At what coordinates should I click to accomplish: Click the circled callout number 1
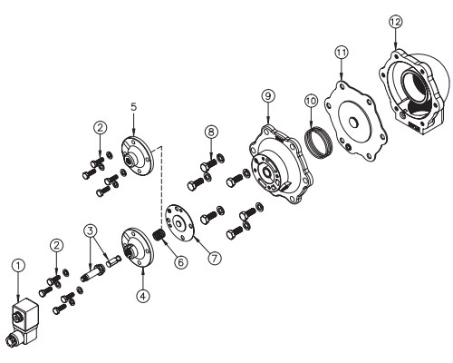(18, 266)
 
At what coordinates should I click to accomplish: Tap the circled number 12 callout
(396, 22)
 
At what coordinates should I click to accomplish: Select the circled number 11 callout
(342, 53)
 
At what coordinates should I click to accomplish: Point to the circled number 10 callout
(311, 101)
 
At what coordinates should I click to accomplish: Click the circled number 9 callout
(268, 96)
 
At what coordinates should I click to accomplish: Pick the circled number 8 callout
(211, 132)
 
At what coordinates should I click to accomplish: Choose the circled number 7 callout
(214, 259)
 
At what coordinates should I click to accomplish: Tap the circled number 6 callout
(180, 262)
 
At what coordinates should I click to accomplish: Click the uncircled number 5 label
(134, 106)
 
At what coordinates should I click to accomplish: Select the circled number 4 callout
(143, 296)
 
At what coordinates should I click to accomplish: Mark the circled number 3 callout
(91, 231)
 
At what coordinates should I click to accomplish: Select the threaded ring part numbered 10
(319, 143)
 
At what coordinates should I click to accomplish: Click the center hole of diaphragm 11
(353, 122)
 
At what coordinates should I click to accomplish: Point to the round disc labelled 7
(180, 222)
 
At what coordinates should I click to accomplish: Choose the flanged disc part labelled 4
(138, 248)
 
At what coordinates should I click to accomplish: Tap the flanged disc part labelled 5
(138, 156)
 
